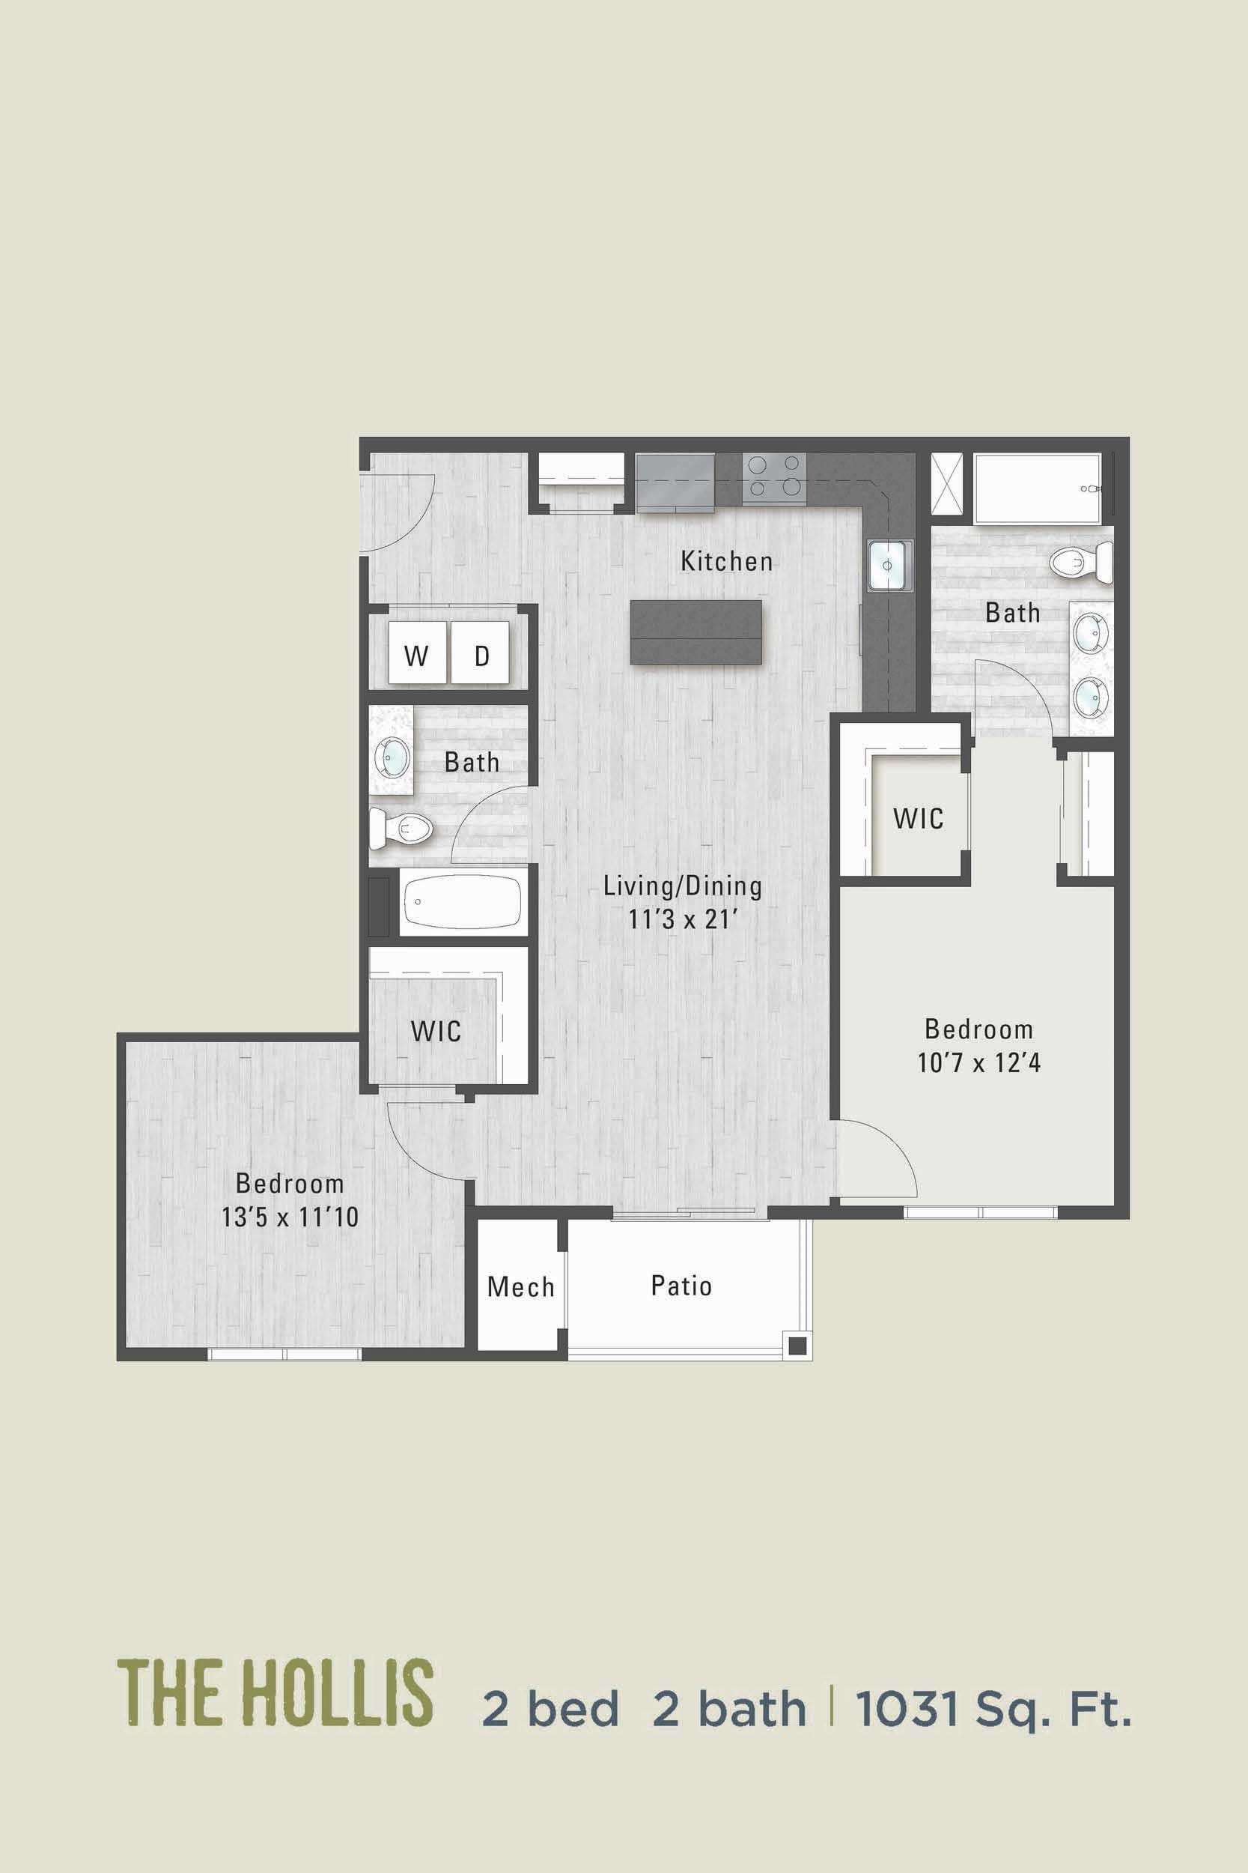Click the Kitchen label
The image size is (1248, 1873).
click(x=726, y=561)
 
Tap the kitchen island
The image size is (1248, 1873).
click(x=695, y=632)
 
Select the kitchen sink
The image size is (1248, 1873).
click(x=890, y=565)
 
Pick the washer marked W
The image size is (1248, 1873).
click(x=416, y=656)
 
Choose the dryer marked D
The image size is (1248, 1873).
click(x=481, y=656)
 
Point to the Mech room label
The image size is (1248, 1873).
click(x=520, y=1286)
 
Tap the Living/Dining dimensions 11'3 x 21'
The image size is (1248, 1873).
click(x=683, y=920)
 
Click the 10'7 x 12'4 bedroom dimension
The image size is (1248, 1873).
click(x=979, y=1062)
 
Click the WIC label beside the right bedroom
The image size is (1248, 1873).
click(x=918, y=818)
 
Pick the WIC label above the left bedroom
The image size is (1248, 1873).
click(x=436, y=1031)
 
